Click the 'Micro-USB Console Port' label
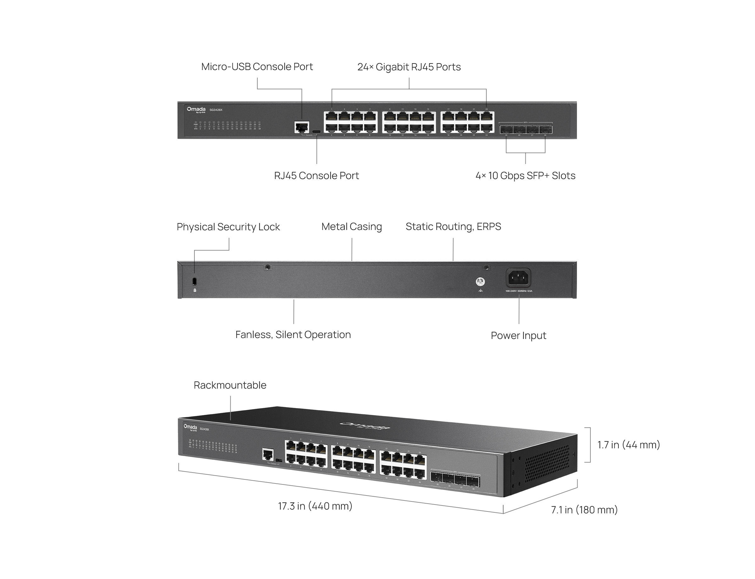click(257, 67)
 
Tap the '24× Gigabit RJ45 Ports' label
click(409, 67)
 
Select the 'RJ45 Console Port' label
click(316, 175)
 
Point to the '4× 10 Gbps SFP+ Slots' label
click(525, 175)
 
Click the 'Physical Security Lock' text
click(228, 227)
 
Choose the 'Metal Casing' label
click(351, 227)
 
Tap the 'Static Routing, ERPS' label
click(453, 227)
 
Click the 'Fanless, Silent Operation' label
click(293, 334)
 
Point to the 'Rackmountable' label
click(230, 385)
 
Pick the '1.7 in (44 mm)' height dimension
click(628, 445)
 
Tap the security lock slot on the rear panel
click(194, 281)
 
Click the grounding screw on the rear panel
click(480, 281)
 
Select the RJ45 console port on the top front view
click(302, 127)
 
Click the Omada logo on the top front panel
click(196, 110)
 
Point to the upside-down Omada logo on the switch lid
click(365, 426)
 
